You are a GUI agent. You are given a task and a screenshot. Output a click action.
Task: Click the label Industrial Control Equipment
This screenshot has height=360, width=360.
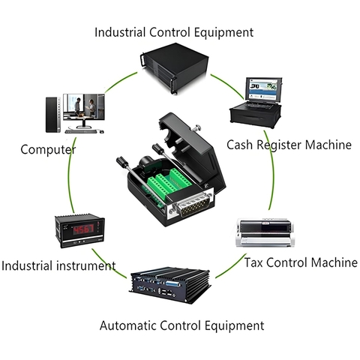pos(174,33)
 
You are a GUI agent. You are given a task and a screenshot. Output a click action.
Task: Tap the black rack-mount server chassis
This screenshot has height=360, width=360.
pos(175,68)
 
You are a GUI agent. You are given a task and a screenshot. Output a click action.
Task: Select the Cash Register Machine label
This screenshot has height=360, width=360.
pos(289,145)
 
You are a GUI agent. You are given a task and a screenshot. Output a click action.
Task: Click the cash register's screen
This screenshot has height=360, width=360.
pos(263,89)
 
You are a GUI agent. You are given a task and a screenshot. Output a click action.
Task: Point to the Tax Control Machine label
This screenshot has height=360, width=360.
pos(301,262)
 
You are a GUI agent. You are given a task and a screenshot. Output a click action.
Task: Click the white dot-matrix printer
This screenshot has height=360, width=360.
pos(265,232)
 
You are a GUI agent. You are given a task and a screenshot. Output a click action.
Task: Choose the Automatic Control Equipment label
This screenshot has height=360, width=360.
pos(181,325)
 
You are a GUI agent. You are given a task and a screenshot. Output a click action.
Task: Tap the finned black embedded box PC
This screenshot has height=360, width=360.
pos(170,285)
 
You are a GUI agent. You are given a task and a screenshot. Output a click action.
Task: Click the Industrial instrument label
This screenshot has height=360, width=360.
pos(58,265)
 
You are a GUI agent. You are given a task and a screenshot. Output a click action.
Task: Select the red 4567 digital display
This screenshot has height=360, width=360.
pos(83,229)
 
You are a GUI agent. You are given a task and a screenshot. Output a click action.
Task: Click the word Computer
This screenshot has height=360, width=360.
pos(48,150)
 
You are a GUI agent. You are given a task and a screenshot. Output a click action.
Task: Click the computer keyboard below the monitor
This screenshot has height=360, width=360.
pos(80,131)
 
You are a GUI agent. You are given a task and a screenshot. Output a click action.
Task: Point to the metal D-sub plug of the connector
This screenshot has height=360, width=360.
pos(193,205)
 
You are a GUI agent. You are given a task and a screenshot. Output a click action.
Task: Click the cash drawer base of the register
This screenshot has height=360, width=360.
pos(256,115)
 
